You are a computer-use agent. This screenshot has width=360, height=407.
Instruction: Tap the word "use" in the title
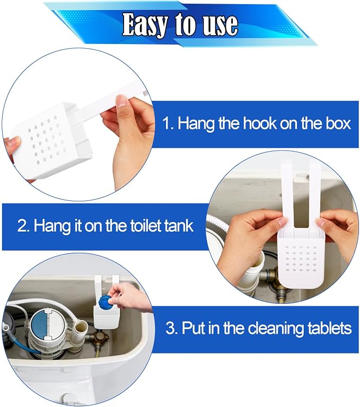pyautogui.click(x=220, y=25)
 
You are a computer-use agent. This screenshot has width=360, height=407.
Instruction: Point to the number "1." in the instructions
pyautogui.click(x=168, y=123)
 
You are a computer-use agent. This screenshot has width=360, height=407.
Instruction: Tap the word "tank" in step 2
pyautogui.click(x=180, y=225)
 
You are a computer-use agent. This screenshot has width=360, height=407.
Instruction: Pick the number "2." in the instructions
pyautogui.click(x=24, y=226)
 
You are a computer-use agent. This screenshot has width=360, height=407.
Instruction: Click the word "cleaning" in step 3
pyautogui.click(x=275, y=329)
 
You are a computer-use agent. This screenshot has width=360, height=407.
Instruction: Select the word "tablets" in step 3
pyautogui.click(x=329, y=328)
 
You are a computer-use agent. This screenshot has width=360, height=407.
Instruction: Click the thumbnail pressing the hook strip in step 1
pyautogui.click(x=121, y=101)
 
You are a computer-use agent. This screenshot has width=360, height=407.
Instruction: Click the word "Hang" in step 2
pyautogui.click(x=52, y=226)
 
